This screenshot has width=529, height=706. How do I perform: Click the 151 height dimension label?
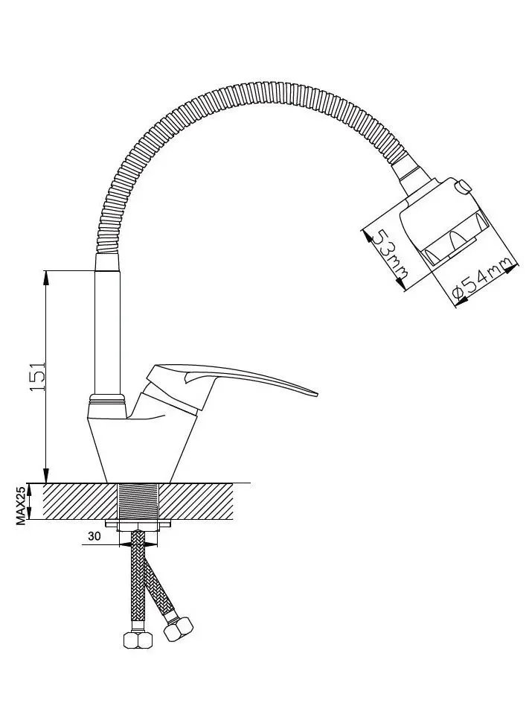coord(37,375)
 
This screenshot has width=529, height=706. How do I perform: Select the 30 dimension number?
coord(94,536)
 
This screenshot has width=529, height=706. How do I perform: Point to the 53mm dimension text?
coord(388,253)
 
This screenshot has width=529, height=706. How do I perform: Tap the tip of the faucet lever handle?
coord(317,395)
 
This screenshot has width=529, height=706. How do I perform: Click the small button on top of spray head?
coord(464,185)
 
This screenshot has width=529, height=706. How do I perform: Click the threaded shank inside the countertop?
coord(139,502)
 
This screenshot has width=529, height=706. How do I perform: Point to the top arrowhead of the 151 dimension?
coord(45,277)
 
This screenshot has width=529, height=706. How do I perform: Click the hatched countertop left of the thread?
coord(81,502)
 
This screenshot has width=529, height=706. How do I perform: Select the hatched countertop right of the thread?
coord(196,502)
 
